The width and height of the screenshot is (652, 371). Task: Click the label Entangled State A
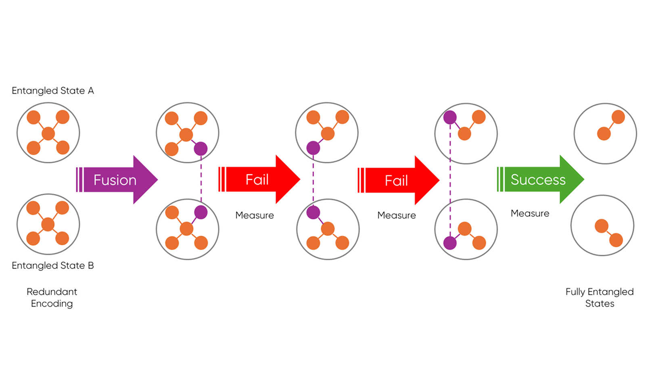[x=52, y=91]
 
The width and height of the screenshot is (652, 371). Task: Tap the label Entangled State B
[x=52, y=265]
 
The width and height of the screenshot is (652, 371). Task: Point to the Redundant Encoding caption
[x=52, y=298]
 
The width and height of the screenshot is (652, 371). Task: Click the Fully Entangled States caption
[x=600, y=298]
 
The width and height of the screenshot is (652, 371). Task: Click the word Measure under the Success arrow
[x=530, y=213]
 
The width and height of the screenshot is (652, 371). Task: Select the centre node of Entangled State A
[x=48, y=133]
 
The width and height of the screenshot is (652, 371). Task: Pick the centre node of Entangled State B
[x=48, y=224]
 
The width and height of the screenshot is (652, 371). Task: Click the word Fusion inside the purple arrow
[x=115, y=180]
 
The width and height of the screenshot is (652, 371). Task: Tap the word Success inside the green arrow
[x=538, y=179]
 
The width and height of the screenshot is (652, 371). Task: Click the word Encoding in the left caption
[x=52, y=304]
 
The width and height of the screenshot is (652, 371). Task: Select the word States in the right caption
[x=600, y=304]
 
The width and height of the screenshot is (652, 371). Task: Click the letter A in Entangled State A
[x=91, y=91]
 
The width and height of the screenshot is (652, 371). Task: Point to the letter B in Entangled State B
[x=91, y=265]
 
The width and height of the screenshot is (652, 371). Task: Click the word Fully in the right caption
[x=575, y=292]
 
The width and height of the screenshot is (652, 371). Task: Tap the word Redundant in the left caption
[x=52, y=292]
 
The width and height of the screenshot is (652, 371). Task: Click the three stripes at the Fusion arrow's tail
[x=79, y=180]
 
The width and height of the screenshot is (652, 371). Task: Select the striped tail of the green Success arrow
[x=500, y=179]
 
